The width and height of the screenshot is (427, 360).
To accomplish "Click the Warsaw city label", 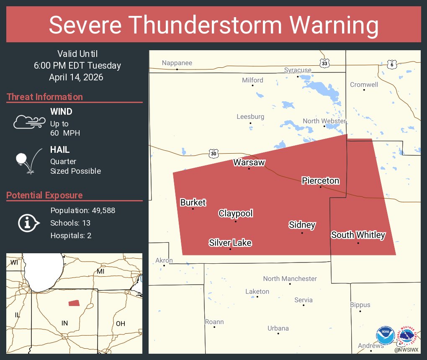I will click(249, 162).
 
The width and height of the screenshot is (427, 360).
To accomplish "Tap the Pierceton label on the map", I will click(320, 181).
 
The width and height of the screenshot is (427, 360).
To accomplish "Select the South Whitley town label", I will click(358, 235).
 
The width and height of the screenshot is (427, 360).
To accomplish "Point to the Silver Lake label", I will click(230, 243).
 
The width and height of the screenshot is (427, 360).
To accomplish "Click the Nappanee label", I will click(177, 63).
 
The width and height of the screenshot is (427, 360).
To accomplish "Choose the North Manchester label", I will click(290, 279).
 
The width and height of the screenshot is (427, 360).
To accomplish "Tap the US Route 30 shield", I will click(213, 154).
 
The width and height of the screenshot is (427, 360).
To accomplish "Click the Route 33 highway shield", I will click(324, 63).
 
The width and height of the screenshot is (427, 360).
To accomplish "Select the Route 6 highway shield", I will click(391, 64).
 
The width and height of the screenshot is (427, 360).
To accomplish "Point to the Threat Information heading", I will click(45, 97).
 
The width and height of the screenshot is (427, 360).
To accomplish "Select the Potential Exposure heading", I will click(44, 195).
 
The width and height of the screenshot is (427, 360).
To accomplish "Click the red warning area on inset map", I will click(74, 303).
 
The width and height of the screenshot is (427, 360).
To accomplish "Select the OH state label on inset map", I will click(120, 324).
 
